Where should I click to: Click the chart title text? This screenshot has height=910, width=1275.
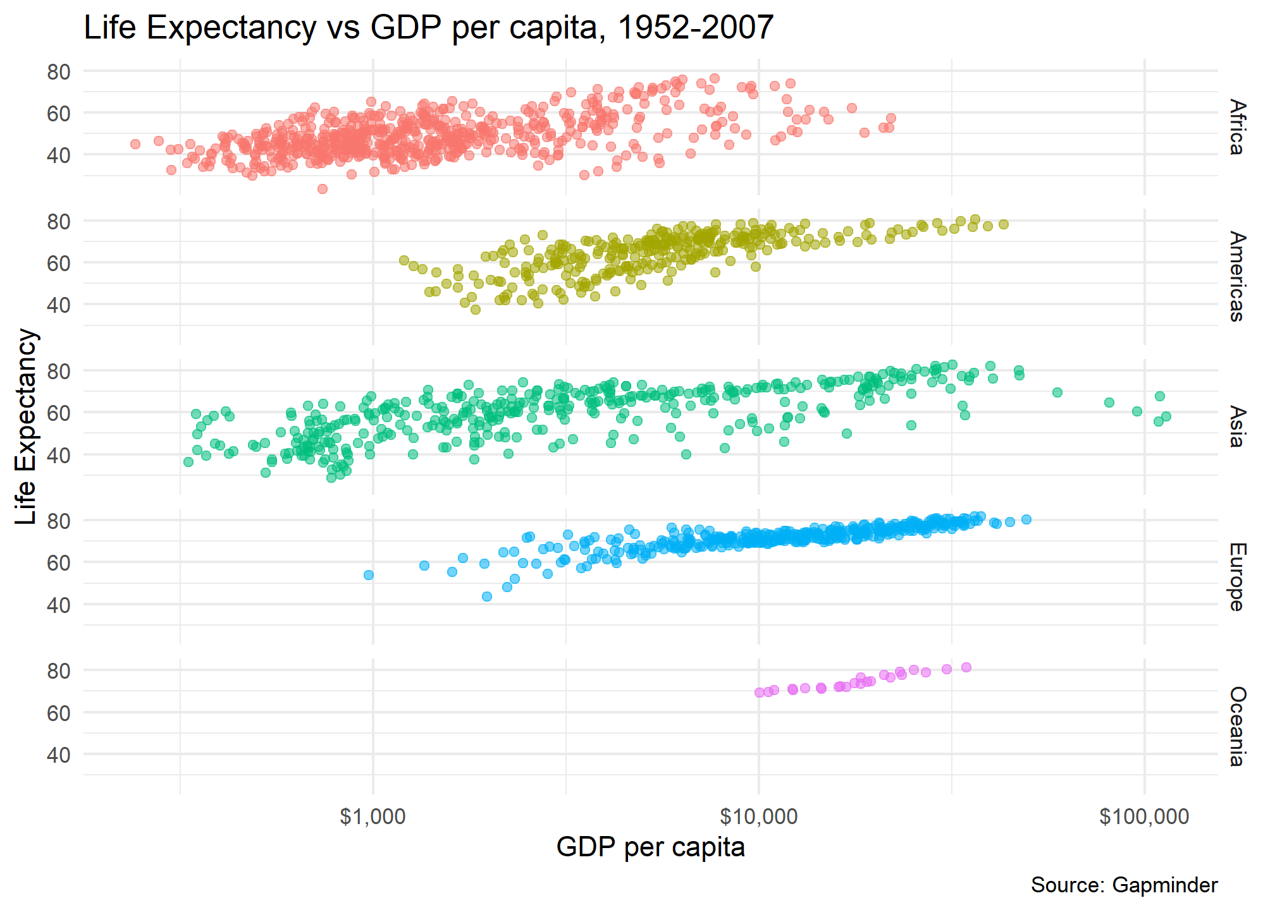pyautogui.click(x=428, y=28)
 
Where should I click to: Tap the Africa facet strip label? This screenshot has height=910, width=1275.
pyautogui.click(x=1237, y=127)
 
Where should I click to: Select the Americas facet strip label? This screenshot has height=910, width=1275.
pyautogui.click(x=1237, y=277)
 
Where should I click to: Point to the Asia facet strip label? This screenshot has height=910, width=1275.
pyautogui.click(x=1237, y=427)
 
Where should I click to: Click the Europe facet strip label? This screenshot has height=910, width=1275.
pyautogui.click(x=1237, y=576)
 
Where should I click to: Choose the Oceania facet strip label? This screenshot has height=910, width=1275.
pyautogui.click(x=1237, y=726)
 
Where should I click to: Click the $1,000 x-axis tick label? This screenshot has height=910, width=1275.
pyautogui.click(x=373, y=816)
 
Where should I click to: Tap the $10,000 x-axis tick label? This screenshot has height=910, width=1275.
pyautogui.click(x=758, y=816)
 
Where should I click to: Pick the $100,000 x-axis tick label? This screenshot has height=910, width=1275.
pyautogui.click(x=1144, y=816)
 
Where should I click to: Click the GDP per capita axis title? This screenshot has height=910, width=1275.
pyautogui.click(x=650, y=847)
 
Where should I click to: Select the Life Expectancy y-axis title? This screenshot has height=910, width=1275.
pyautogui.click(x=27, y=427)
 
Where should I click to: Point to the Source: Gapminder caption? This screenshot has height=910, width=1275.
pyautogui.click(x=1124, y=885)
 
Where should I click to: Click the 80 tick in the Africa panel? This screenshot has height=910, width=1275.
pyautogui.click(x=59, y=72)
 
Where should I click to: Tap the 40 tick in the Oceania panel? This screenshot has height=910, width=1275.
pyautogui.click(x=59, y=755)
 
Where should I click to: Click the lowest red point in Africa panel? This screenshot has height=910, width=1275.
pyautogui.click(x=322, y=189)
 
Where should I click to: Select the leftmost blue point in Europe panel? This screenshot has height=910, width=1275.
pyautogui.click(x=369, y=575)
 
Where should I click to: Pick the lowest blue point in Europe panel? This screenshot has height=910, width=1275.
pyautogui.click(x=487, y=597)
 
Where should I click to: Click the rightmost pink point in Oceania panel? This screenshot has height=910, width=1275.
pyautogui.click(x=966, y=667)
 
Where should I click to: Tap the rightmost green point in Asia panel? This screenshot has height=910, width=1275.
pyautogui.click(x=1166, y=416)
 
